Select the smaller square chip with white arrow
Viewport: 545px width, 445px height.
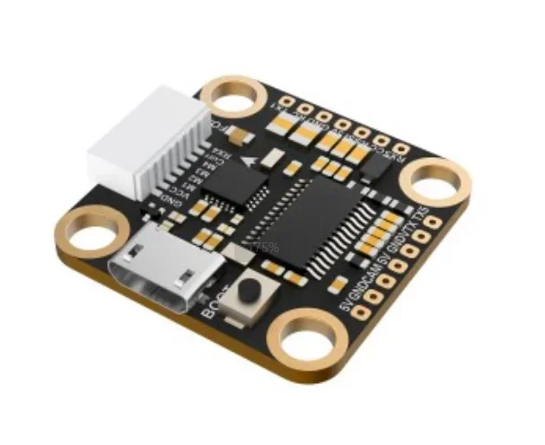[237, 183]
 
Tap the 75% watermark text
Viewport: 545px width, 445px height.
[264, 246]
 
